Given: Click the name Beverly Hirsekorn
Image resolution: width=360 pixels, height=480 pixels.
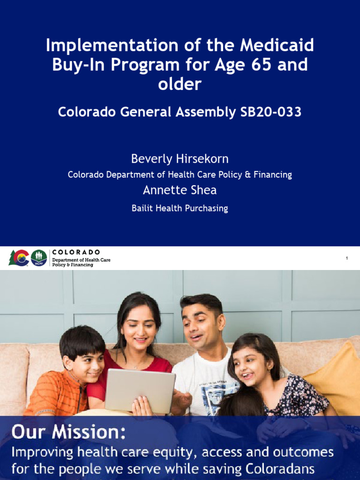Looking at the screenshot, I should click(x=180, y=158).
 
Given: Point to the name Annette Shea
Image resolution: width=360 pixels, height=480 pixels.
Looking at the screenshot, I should click(x=180, y=190).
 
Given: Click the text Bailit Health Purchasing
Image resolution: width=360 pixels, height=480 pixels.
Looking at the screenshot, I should click(x=180, y=209).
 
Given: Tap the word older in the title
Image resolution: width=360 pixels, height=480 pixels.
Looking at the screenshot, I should click(x=180, y=84).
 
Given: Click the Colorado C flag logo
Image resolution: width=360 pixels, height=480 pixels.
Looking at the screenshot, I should click(x=19, y=258).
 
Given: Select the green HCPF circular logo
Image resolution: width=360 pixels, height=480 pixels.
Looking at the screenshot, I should click(x=39, y=258).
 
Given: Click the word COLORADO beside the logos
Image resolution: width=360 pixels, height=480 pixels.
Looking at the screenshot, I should click(x=76, y=252).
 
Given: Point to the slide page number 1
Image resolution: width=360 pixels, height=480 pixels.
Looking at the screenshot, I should click(x=347, y=258).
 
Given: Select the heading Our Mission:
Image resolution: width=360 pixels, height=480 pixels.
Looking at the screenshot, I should click(x=68, y=432).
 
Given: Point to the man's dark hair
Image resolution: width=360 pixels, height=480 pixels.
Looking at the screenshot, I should click(x=202, y=302).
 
